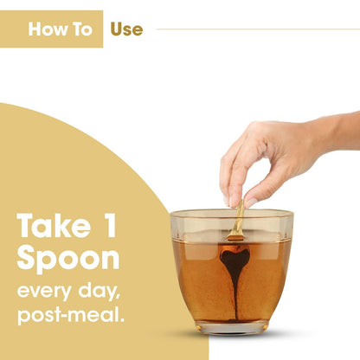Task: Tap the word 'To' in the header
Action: pyautogui.click(x=82, y=29)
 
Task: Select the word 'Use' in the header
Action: pyautogui.click(x=126, y=29)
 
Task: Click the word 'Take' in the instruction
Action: pyautogui.click(x=54, y=226)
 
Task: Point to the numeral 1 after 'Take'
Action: pyautogui.click(x=110, y=225)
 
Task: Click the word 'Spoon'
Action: pyautogui.click(x=68, y=259)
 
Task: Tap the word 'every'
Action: pyautogui.click(x=44, y=291)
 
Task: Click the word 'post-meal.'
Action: pyautogui.click(x=71, y=314)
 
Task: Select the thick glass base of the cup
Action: pyautogui.click(x=233, y=328)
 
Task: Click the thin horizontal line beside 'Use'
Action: pyautogui.click(x=258, y=29)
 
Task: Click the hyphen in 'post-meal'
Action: pyautogui.click(x=61, y=316)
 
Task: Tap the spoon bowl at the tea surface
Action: pyautogui.click(x=235, y=237)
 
